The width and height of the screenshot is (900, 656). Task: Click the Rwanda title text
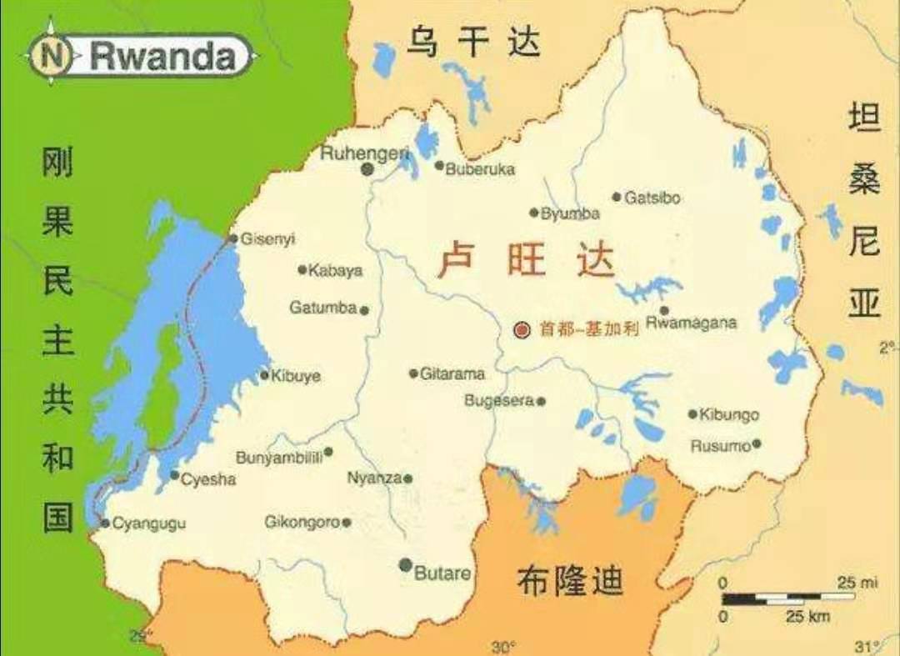click(x=162, y=57)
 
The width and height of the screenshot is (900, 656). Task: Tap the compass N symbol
click(x=52, y=57)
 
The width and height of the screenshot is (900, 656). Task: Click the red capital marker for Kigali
click(x=522, y=329)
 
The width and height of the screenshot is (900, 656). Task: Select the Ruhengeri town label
click(x=365, y=153)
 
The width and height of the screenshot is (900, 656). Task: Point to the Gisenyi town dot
click(x=233, y=238)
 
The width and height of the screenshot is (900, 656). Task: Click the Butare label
click(x=442, y=573)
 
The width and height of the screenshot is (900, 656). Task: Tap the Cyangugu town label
click(x=149, y=523)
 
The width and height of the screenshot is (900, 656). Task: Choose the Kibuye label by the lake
click(x=296, y=376)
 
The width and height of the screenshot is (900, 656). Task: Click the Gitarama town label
click(x=452, y=374)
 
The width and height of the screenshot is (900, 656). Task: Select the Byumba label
click(x=570, y=214)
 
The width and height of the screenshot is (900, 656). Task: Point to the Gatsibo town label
click(x=652, y=198)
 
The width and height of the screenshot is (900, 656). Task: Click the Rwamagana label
click(x=692, y=323)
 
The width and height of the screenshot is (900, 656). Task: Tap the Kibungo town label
click(x=730, y=414)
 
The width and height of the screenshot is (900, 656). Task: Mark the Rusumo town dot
click(x=757, y=444)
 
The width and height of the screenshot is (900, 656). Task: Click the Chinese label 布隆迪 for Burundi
click(x=570, y=580)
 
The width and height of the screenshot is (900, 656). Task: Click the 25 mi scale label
click(x=857, y=583)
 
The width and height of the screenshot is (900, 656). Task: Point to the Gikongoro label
click(x=302, y=523)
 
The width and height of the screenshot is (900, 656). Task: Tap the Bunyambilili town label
click(x=279, y=458)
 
